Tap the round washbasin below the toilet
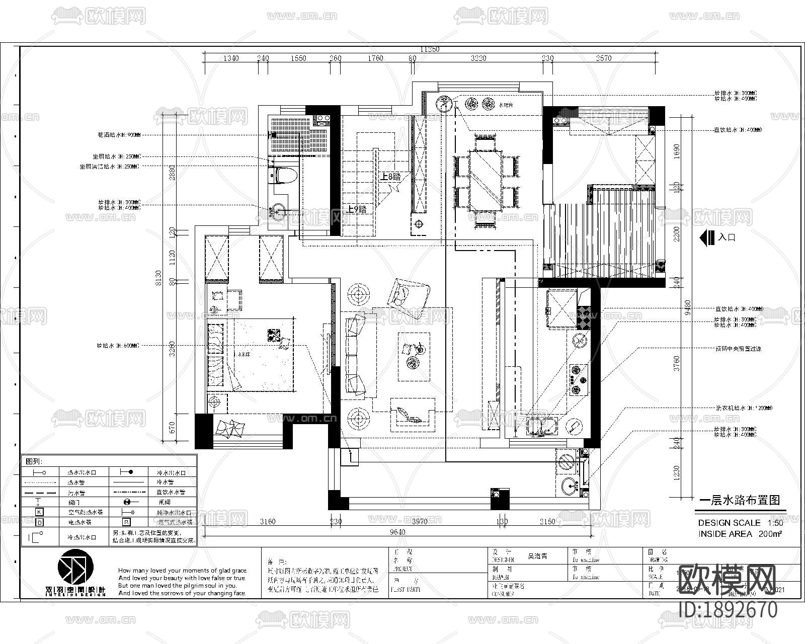coord(278,211)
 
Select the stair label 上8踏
coord(390,177)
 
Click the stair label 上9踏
coord(357,210)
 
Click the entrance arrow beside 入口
coord(707,237)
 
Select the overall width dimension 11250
coord(430,49)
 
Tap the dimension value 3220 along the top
coord(478,58)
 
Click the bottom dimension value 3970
coord(420,522)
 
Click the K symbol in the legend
coord(39,512)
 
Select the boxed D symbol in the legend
coord(39,522)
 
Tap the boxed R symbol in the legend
coord(127,522)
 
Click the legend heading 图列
coord(35,461)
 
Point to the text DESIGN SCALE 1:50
coord(740,523)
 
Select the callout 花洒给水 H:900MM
coord(119,135)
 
